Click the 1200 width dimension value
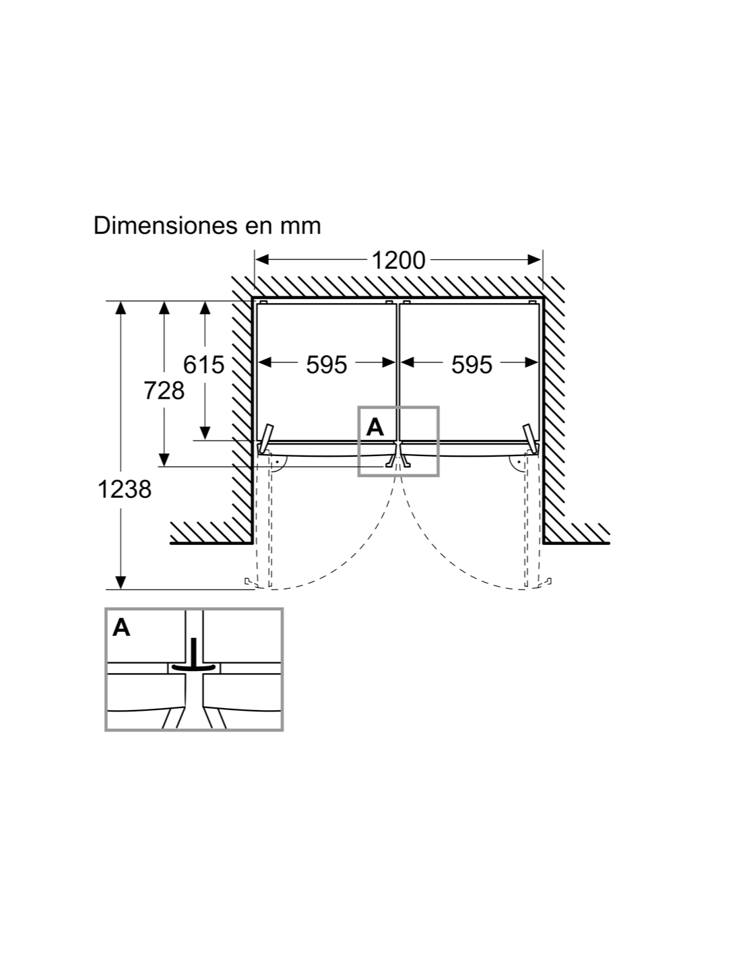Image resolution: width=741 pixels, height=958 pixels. tap(398, 260)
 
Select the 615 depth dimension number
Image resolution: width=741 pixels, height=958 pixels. tap(203, 364)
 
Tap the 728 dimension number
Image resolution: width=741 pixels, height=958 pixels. tap(164, 391)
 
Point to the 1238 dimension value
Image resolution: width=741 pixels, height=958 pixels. tap(125, 489)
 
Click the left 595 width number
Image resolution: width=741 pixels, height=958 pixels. tap(327, 364)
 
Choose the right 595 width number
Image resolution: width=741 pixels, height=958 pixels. tap(472, 364)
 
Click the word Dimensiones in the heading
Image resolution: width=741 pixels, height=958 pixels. tap(163, 226)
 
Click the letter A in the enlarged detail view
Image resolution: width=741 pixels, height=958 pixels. tap(121, 628)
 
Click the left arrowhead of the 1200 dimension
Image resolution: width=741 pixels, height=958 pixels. tap(262, 259)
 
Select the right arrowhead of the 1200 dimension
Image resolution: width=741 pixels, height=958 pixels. tap(534, 259)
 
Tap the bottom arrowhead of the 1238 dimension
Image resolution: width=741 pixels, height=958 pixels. tap(121, 582)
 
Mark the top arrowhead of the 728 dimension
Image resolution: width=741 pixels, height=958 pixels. tap(164, 308)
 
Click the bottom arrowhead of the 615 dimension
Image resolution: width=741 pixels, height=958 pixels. tap(205, 433)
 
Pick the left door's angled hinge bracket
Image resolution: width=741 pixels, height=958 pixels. tap(266, 438)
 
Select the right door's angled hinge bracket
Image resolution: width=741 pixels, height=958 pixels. tap(529, 438)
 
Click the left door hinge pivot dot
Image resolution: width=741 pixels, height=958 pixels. tap(278, 462)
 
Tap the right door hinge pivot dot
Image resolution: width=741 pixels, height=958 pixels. tap(519, 462)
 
